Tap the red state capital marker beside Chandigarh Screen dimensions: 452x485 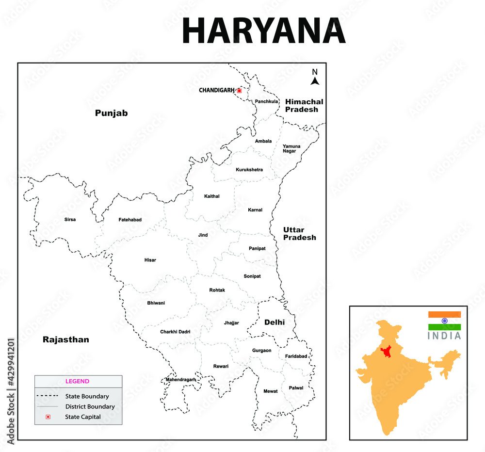click(239, 90)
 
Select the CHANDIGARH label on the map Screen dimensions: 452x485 click(216, 90)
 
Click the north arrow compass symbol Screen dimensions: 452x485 click(315, 78)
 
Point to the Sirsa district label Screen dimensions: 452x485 click(70, 220)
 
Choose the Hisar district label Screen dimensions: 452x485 click(150, 260)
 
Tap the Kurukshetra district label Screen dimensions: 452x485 click(249, 170)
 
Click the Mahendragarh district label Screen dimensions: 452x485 click(180, 379)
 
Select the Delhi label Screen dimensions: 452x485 click(275, 323)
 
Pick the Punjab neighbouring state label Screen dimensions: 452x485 click(111, 113)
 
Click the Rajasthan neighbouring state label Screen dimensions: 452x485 click(66, 339)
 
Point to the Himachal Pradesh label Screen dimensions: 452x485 click(304, 105)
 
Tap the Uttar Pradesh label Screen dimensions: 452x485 click(300, 234)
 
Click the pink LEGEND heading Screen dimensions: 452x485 click(77, 381)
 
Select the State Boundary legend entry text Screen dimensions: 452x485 click(87, 396)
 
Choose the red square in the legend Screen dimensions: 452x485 click(48, 417)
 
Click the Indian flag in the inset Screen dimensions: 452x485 click(444, 321)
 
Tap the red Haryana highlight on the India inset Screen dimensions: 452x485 click(387, 352)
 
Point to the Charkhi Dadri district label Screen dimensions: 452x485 click(175, 332)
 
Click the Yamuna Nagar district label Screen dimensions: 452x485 click(291, 148)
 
